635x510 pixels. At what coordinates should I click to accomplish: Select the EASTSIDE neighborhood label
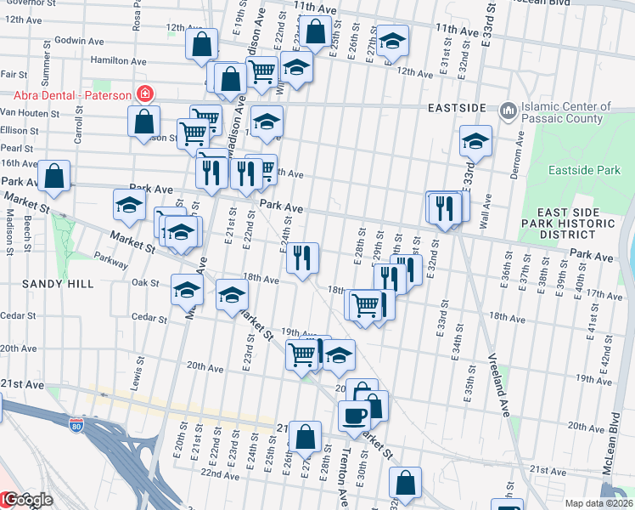pyautogui.click(x=457, y=109)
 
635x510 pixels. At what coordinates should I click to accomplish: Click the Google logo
pyautogui.click(x=27, y=500)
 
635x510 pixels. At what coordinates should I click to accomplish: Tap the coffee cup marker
pyautogui.click(x=354, y=416)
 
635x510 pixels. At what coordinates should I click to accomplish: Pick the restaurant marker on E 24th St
pyautogui.click(x=302, y=258)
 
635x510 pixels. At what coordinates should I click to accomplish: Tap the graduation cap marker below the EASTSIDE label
pyautogui.click(x=476, y=142)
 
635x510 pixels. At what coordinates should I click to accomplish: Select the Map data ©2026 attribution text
pyautogui.click(x=598, y=503)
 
